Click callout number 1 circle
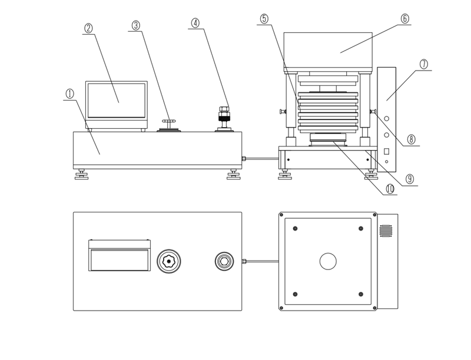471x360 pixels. [x=69, y=93]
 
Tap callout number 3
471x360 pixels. [x=136, y=25]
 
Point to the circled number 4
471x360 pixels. [x=195, y=23]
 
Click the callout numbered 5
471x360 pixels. [x=264, y=18]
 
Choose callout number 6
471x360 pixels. [x=405, y=18]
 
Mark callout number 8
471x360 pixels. [x=411, y=139]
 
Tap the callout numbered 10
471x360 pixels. [x=390, y=189]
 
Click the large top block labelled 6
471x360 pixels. [x=328, y=51]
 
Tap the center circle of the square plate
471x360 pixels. [x=327, y=261]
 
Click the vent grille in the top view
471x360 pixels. [x=386, y=231]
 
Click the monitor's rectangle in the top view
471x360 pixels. [x=118, y=258]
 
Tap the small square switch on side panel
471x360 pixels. [x=387, y=152]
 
